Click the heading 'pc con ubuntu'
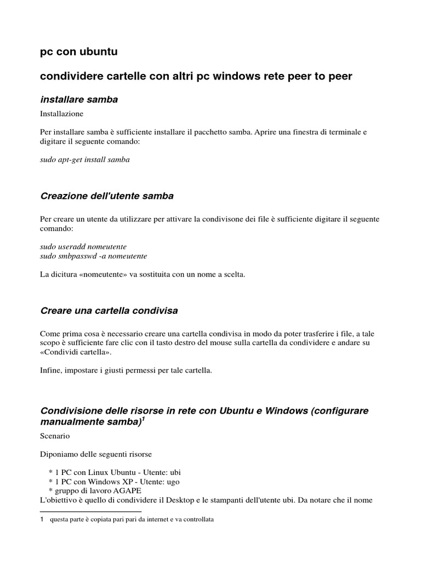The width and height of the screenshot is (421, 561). (x=79, y=52)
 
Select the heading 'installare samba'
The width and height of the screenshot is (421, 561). (x=79, y=99)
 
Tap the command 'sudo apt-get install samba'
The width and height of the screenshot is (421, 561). (x=85, y=160)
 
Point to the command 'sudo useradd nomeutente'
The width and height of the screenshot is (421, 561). (x=83, y=247)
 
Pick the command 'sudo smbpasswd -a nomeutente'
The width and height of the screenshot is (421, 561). (x=94, y=256)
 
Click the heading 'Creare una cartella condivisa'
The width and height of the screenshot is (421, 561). (x=109, y=311)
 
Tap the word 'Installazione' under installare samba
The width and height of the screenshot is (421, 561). (x=61, y=114)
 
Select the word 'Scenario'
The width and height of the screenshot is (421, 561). (x=55, y=437)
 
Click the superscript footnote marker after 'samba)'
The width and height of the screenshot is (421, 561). (x=144, y=419)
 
